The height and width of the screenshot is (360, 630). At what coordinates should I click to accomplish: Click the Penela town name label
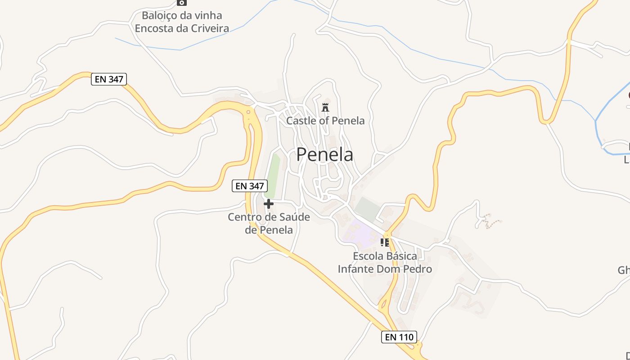324,155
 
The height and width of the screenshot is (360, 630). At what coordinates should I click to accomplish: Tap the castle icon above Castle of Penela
325,107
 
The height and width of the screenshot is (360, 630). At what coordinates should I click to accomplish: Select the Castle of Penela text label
325,121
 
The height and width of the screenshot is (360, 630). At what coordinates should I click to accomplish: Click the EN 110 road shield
399,337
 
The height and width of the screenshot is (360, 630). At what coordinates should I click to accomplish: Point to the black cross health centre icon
269,204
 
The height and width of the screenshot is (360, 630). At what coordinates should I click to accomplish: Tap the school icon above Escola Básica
385,243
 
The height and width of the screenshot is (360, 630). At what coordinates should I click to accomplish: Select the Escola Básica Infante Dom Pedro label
385,262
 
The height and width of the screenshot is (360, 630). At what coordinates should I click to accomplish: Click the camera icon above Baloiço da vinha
181,2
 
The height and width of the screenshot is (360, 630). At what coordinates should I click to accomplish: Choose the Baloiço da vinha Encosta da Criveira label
182,22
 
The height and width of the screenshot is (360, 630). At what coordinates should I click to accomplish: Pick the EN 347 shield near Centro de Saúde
250,185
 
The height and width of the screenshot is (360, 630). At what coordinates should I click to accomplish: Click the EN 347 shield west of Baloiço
109,79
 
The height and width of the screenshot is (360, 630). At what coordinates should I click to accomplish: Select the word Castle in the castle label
299,121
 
